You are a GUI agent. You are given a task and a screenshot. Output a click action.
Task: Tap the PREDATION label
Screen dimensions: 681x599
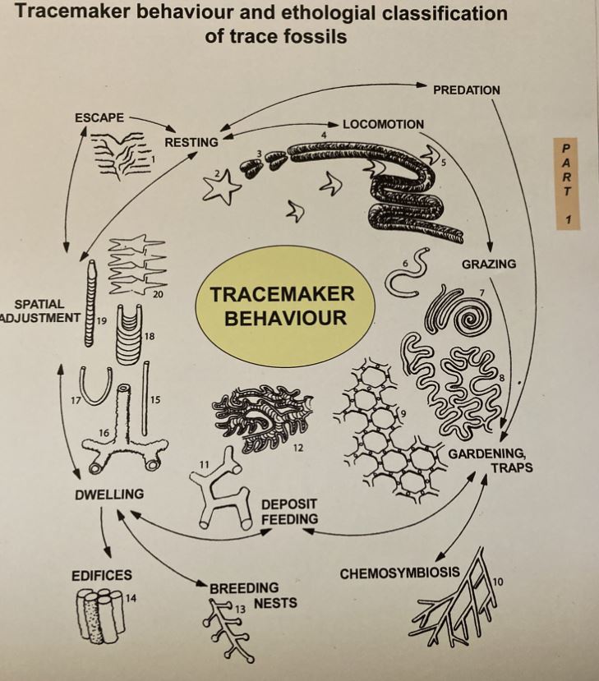pos(466,89)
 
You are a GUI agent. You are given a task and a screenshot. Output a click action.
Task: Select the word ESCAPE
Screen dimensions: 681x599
pos(98,117)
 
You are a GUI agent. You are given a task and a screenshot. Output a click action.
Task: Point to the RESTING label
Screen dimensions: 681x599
pos(191,142)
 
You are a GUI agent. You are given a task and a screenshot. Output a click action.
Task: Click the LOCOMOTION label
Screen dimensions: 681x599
pos(383,125)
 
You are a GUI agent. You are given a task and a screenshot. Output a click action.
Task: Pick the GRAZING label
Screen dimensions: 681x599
pos(488,264)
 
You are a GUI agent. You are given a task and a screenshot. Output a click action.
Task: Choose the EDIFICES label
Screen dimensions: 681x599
pos(101,575)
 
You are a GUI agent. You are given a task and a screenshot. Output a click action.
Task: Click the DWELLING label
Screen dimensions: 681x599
pos(108,494)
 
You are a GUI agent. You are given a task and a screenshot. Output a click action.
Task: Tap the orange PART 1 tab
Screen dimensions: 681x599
pos(566,184)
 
